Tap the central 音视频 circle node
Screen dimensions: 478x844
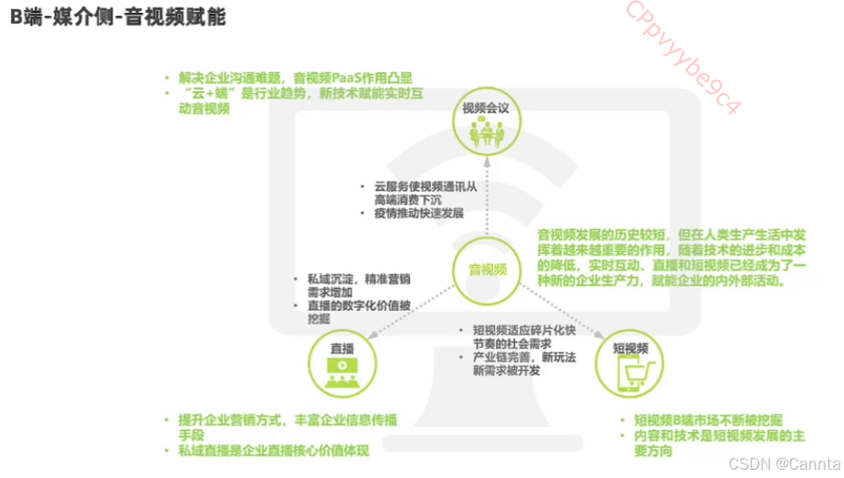[486, 269]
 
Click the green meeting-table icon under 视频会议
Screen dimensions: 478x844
[486, 135]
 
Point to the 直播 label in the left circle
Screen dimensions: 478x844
[342, 349]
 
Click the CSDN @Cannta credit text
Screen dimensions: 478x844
[785, 462]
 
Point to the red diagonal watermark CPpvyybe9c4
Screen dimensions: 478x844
[683, 56]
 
